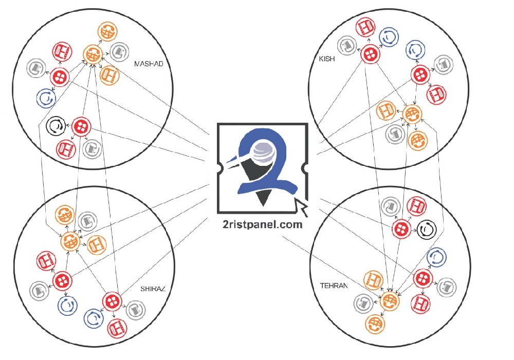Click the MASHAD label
click(148, 64)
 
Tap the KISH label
click(327, 59)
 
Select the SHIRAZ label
click(153, 288)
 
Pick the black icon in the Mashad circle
click(55, 125)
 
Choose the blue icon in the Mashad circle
click(45, 98)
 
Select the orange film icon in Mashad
click(110, 75)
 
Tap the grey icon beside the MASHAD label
click(119, 51)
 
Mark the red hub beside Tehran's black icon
click(401, 229)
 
